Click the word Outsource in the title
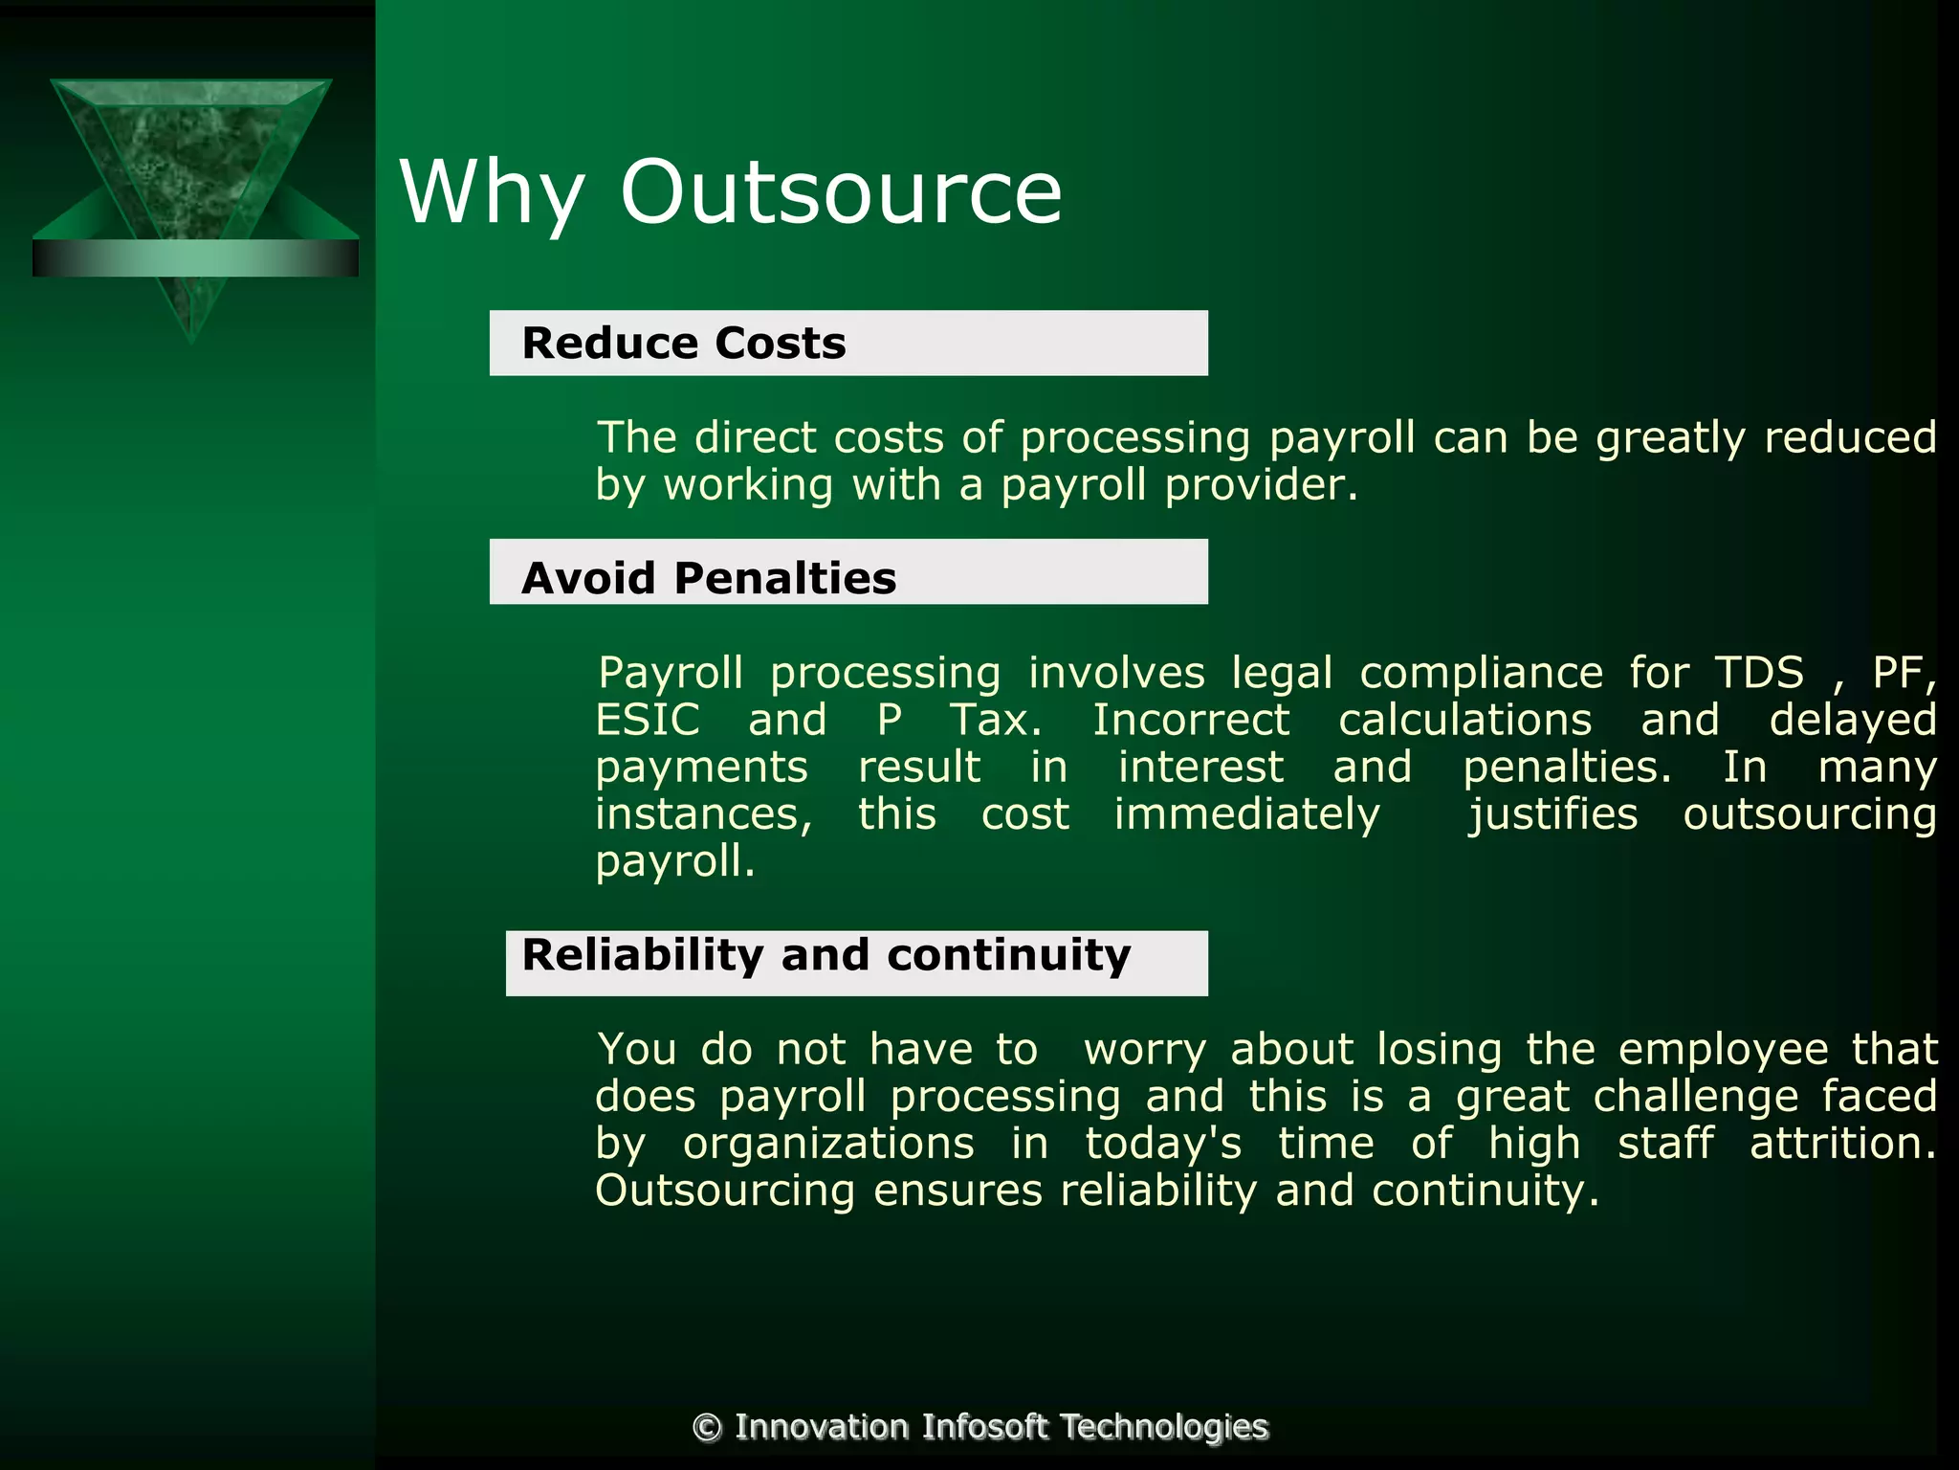[x=841, y=192]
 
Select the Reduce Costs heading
[x=684, y=343]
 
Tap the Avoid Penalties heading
[x=709, y=578]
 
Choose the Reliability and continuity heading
[x=826, y=955]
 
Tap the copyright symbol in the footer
[x=707, y=1427]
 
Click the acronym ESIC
[x=648, y=720]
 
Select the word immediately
[x=1246, y=814]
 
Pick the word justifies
[x=1553, y=814]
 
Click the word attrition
[x=1842, y=1143]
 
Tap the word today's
[x=1163, y=1143]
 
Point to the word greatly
[x=1670, y=438]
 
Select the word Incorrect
[x=1191, y=720]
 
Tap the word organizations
[x=828, y=1143]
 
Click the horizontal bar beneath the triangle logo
[x=195, y=258]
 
